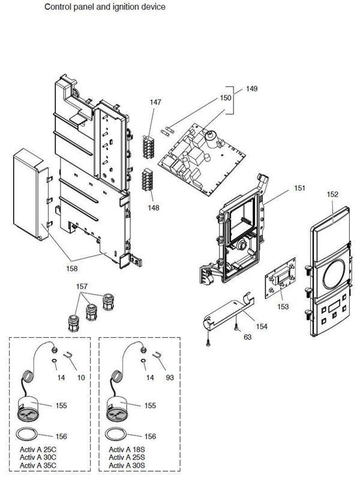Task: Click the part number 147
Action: point(155,103)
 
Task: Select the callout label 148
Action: point(155,208)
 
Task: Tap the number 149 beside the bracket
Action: point(251,89)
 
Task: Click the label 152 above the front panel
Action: point(332,194)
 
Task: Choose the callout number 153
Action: point(283,306)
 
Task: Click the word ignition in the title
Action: point(115,7)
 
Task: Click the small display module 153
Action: point(280,280)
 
